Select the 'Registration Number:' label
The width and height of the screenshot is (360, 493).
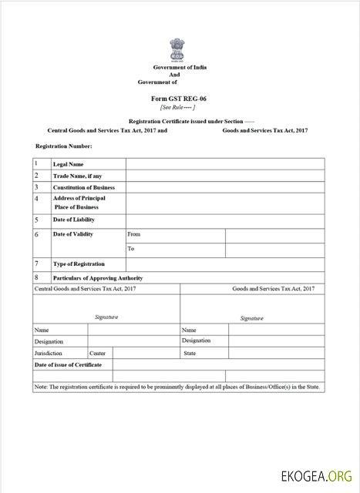click(64, 146)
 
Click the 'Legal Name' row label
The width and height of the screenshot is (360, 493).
click(68, 164)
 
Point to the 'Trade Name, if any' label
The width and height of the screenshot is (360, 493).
click(77, 176)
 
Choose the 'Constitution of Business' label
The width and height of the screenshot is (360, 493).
click(83, 187)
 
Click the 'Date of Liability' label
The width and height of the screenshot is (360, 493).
click(73, 220)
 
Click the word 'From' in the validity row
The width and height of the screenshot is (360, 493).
click(134, 233)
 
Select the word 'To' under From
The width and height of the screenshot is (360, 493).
click(131, 249)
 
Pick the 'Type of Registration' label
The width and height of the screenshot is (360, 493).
click(79, 263)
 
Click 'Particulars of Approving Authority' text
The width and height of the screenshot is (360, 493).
click(97, 277)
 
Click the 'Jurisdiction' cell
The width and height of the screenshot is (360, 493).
click(48, 353)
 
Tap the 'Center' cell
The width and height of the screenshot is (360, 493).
click(97, 353)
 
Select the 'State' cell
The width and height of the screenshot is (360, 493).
click(190, 353)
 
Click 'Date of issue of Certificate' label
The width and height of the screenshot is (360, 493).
click(69, 364)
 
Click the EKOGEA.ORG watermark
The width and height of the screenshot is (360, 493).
click(320, 477)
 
